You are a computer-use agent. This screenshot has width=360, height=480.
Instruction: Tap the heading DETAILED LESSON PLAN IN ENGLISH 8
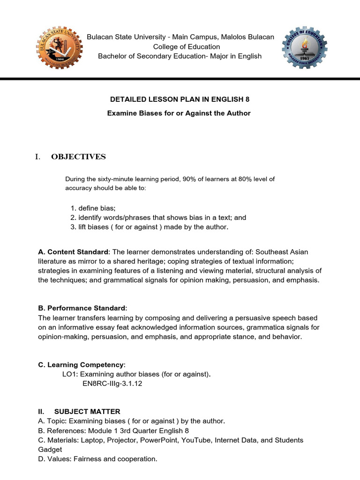[180, 99]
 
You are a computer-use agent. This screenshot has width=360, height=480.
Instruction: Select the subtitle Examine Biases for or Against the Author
[180, 113]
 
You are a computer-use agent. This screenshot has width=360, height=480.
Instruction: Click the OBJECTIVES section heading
[78, 157]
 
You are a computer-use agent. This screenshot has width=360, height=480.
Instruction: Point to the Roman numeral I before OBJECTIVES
[37, 157]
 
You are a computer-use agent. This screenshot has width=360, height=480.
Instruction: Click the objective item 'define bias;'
[97, 208]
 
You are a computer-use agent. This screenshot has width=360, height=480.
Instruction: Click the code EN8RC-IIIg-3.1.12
[112, 383]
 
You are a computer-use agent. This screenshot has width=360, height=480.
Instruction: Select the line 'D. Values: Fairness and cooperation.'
[97, 459]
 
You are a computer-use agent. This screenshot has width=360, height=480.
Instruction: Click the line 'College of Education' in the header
[180, 46]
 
